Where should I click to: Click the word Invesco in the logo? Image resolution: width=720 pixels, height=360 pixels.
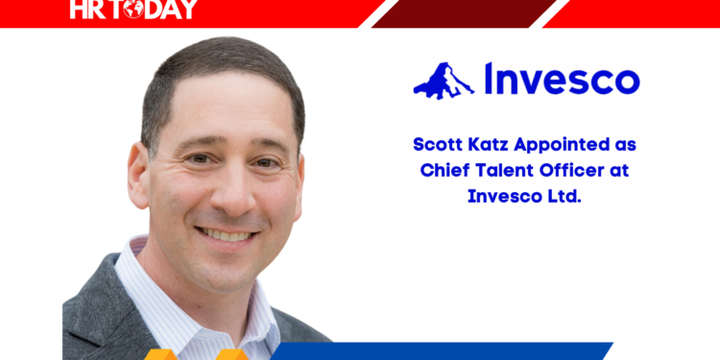click(562, 79)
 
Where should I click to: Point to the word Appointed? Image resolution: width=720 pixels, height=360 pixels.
click(571, 144)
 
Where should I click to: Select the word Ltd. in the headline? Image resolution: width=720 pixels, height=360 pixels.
click(562, 196)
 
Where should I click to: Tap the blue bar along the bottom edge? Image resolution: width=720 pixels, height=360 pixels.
click(461, 351)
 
